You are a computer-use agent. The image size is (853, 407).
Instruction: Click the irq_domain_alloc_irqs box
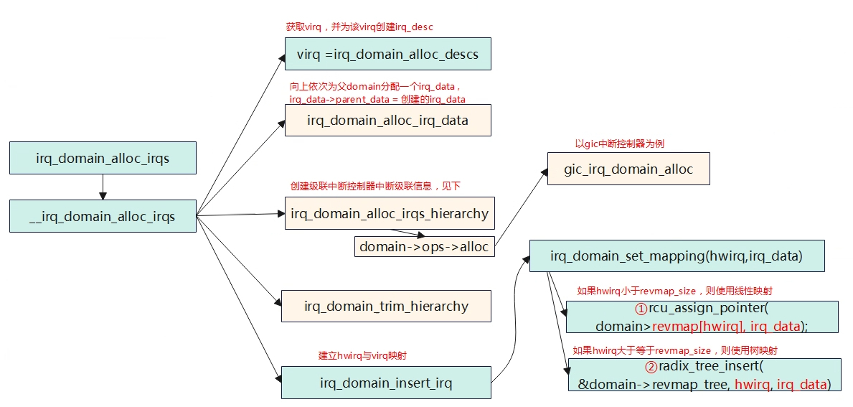tap(103, 158)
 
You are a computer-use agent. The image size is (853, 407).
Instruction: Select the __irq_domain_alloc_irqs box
tap(103, 217)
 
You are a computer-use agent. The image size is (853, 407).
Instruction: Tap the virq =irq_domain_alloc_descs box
tap(388, 54)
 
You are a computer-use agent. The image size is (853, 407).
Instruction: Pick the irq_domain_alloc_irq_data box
tap(388, 121)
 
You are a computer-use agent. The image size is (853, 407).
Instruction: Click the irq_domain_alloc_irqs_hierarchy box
tap(390, 212)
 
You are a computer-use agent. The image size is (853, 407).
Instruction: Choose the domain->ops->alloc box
tap(424, 246)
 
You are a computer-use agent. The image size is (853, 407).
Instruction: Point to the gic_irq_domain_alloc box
tap(628, 169)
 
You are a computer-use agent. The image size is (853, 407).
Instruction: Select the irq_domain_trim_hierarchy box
tap(386, 306)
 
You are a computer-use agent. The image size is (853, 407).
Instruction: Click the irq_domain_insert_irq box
tap(386, 382)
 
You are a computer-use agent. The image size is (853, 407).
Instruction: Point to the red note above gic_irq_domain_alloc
tap(620, 144)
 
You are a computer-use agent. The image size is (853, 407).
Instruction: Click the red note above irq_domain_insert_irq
tap(363, 356)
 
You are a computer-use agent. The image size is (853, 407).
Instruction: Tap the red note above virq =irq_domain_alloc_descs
tap(359, 27)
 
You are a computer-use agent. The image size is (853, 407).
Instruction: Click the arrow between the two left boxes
tap(103, 187)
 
